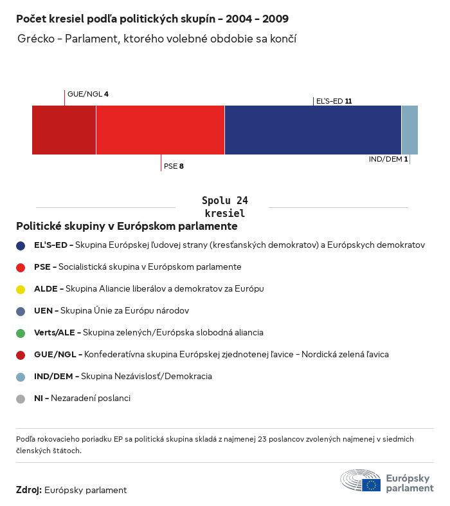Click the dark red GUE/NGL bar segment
(64, 130)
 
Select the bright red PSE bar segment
(160, 130)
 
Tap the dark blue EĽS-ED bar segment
(312, 130)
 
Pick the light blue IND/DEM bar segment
(410, 130)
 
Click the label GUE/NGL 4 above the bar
(88, 94)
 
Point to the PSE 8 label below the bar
(174, 166)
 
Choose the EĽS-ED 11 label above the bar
(334, 101)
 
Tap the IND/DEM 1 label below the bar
(388, 159)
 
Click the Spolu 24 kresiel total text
(224, 207)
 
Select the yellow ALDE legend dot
(21, 289)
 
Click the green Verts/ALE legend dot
(21, 333)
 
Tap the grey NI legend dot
(21, 398)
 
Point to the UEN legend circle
(21, 311)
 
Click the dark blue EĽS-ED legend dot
(21, 245)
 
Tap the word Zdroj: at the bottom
(29, 490)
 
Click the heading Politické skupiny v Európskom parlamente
(127, 227)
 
